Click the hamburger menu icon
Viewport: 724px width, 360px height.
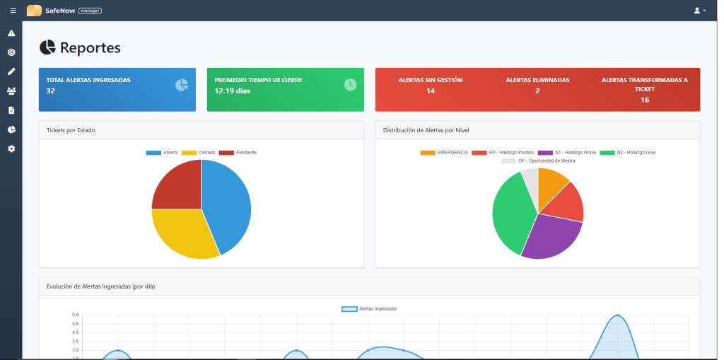(x=13, y=11)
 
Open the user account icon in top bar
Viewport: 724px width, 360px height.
(x=699, y=11)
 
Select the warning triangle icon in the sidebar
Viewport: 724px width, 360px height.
(x=11, y=33)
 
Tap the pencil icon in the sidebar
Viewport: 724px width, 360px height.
(x=11, y=71)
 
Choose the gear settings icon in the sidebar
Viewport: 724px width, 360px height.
(x=11, y=149)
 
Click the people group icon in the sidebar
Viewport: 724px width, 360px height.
(x=11, y=91)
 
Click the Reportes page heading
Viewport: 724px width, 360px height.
(x=90, y=47)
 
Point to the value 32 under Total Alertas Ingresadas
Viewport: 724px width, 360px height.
(x=51, y=91)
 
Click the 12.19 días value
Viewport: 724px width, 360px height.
(x=232, y=91)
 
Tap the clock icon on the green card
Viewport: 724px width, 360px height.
(x=350, y=85)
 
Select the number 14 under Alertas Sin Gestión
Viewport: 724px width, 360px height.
(x=431, y=91)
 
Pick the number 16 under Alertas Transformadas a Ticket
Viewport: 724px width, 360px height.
(x=644, y=100)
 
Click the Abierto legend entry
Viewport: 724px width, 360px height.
(x=163, y=153)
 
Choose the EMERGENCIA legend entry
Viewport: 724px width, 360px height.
(x=445, y=152)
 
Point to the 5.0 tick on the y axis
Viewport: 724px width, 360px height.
(x=76, y=315)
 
